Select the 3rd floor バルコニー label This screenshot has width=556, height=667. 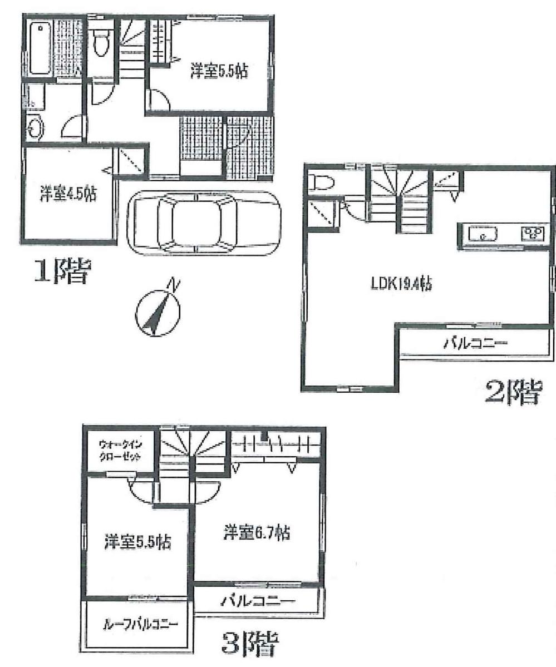tap(258, 600)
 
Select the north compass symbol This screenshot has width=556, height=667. tap(158, 312)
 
